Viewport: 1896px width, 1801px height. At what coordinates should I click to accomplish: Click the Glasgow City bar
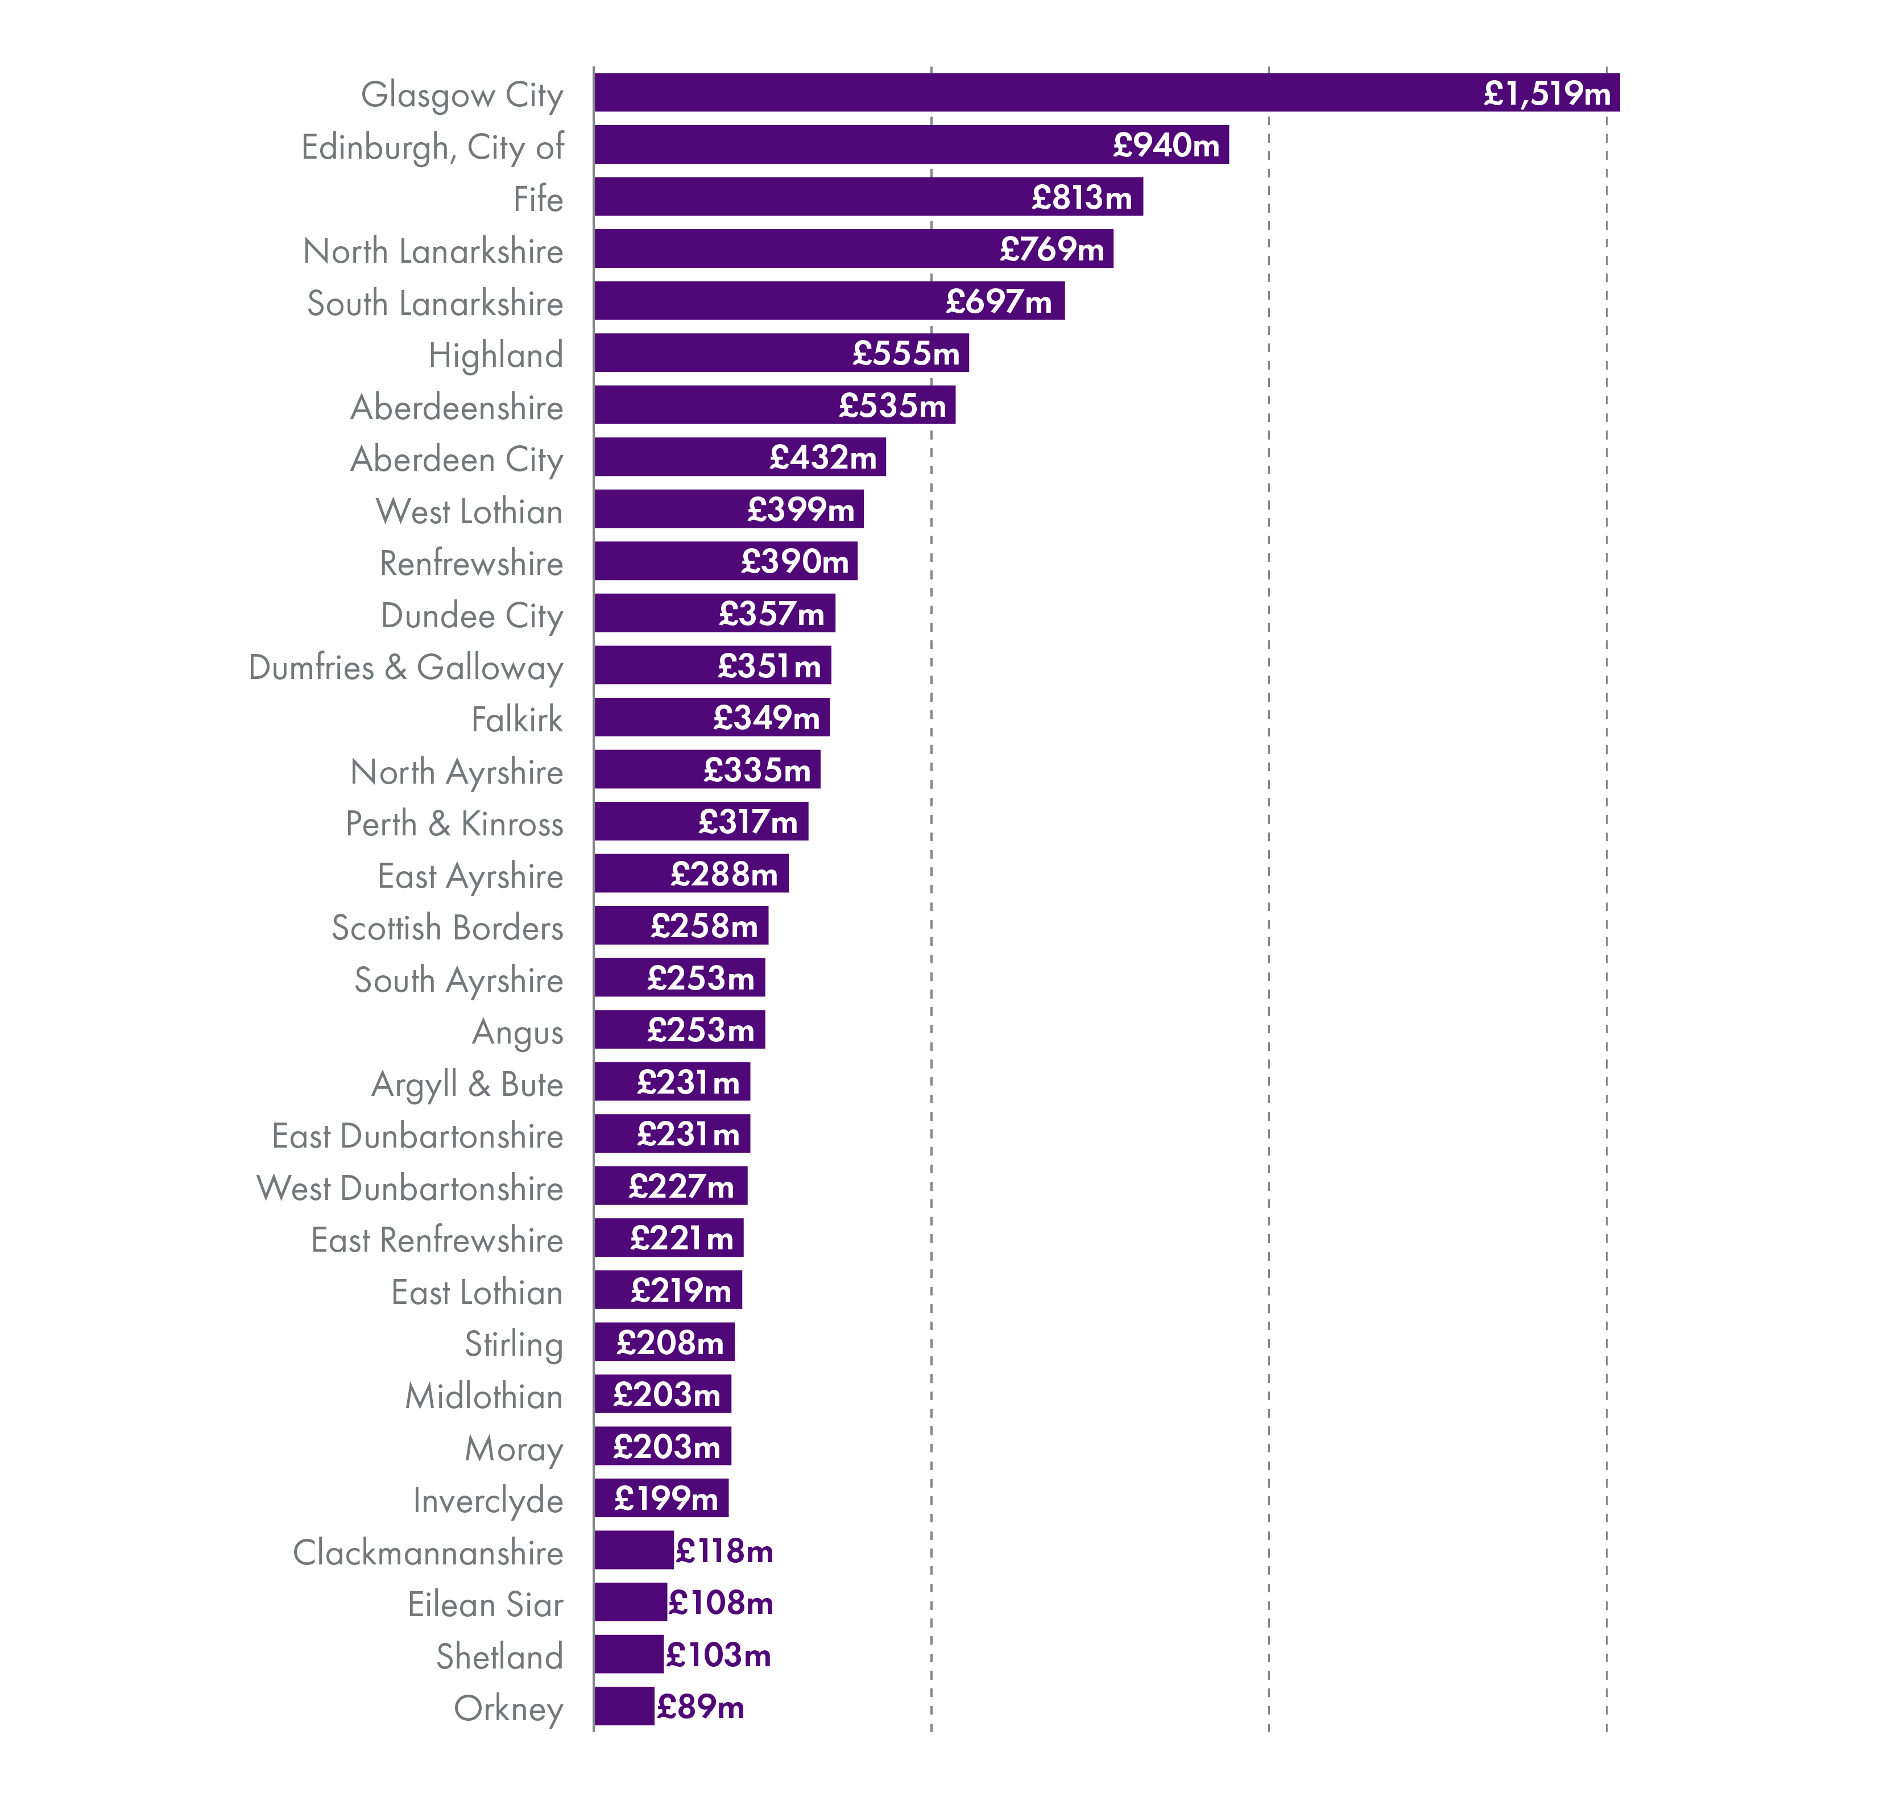[x=1037, y=92]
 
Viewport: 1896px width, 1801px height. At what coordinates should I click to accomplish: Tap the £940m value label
[x=1165, y=145]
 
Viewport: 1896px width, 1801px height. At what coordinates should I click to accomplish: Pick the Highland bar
[x=720, y=353]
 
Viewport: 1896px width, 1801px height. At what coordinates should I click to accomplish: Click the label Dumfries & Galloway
[x=405, y=667]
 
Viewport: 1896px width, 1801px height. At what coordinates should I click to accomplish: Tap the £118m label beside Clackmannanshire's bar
[x=724, y=1550]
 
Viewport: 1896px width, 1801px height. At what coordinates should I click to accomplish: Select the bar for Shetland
[x=628, y=1654]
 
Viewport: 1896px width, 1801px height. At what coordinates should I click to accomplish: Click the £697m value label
[x=999, y=301]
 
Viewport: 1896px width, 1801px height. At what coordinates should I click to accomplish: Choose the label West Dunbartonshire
[x=410, y=1187]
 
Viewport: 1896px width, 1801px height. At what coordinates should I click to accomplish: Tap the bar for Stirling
[x=605, y=1342]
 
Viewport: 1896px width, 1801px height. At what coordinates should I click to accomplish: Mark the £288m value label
[x=724, y=873]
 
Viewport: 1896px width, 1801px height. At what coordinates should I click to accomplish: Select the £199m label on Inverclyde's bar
[x=665, y=1498]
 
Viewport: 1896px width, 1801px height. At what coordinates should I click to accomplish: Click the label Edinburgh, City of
[x=432, y=147]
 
